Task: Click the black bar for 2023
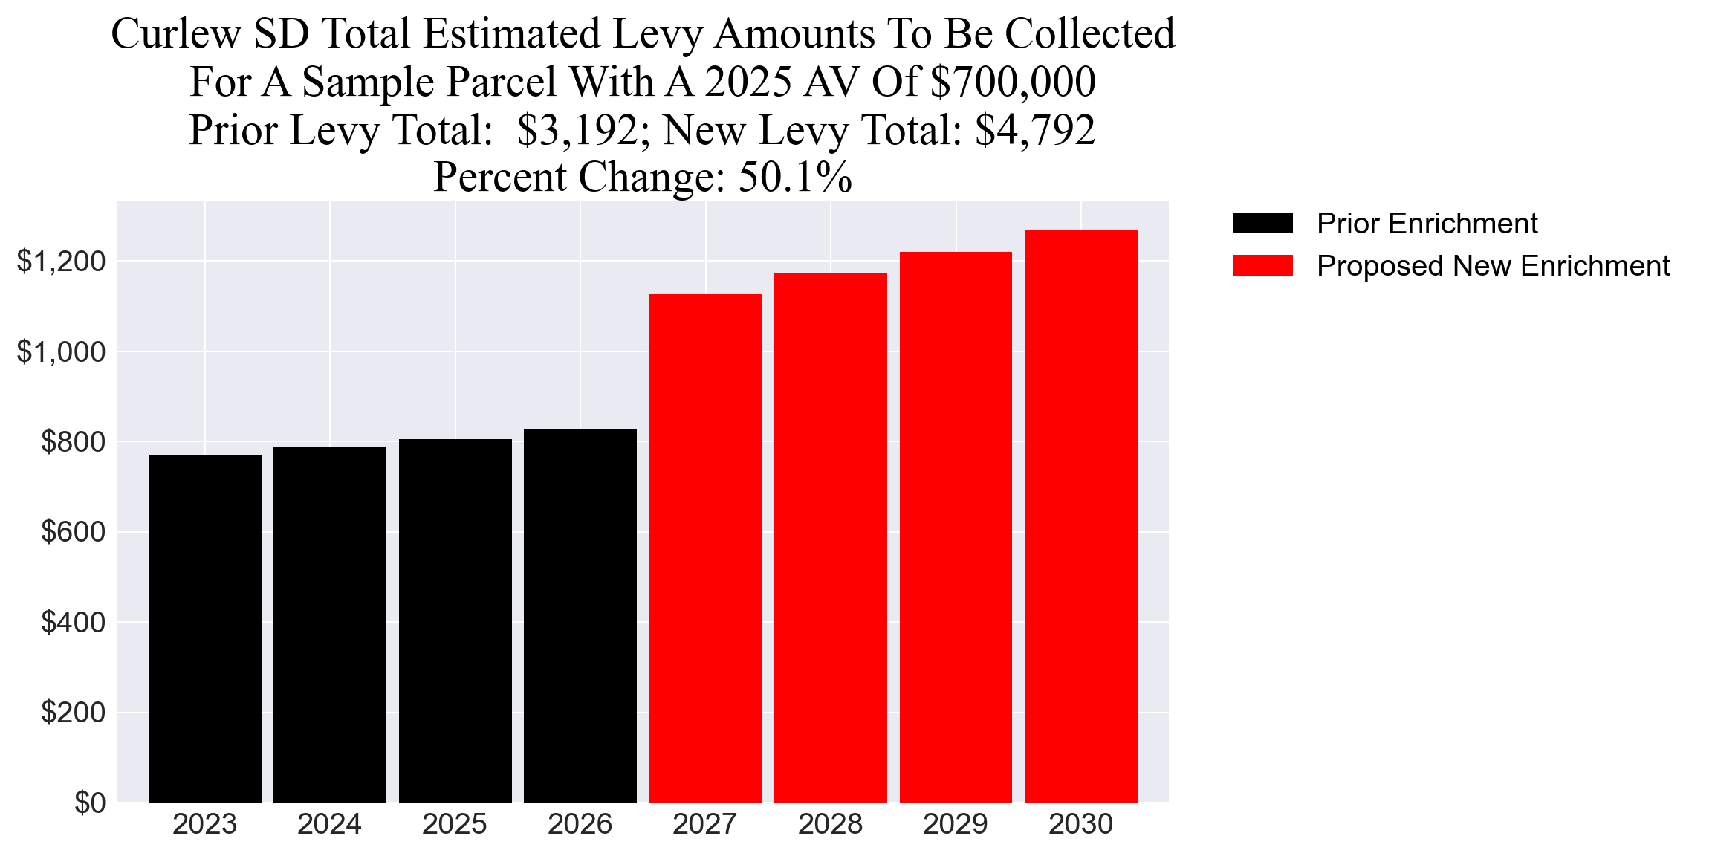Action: tap(205, 629)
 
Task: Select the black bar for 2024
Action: tap(330, 624)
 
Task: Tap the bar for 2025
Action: tap(455, 620)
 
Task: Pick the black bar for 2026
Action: tap(580, 616)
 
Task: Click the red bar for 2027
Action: tap(705, 548)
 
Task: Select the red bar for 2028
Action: tap(831, 537)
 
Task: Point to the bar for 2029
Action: tap(956, 527)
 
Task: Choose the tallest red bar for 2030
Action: tap(1081, 516)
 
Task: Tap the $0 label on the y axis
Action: tap(90, 803)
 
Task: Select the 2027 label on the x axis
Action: tap(705, 825)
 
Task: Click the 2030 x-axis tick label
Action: tap(1081, 825)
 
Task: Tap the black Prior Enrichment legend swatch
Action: tap(1262, 223)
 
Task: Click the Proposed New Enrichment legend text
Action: tap(1493, 266)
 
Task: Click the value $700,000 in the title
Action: tap(1013, 82)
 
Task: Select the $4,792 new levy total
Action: tap(1035, 130)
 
